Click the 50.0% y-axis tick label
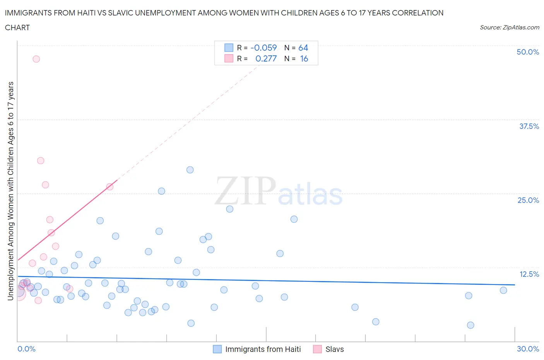pyautogui.click(x=528, y=52)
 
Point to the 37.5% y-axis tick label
pyautogui.click(x=529, y=126)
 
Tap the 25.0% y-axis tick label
pyautogui.click(x=528, y=200)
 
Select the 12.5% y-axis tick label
pyautogui.click(x=529, y=274)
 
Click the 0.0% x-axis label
pyautogui.click(x=26, y=349)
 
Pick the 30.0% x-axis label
pyautogui.click(x=528, y=349)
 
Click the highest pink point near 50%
pyautogui.click(x=36, y=59)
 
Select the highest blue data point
pyautogui.click(x=190, y=170)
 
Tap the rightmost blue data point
pyautogui.click(x=503, y=290)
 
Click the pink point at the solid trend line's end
pyautogui.click(x=110, y=187)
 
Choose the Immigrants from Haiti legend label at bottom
pyautogui.click(x=263, y=349)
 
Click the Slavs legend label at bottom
pyautogui.click(x=334, y=349)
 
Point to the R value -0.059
pyautogui.click(x=263, y=48)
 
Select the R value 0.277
pyautogui.click(x=266, y=58)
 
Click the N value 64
pyautogui.click(x=303, y=48)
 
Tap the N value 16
pyautogui.click(x=304, y=58)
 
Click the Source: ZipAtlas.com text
pyautogui.click(x=509, y=27)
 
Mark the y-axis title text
pyautogui.click(x=10, y=191)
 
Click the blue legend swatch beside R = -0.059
pyautogui.click(x=229, y=48)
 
